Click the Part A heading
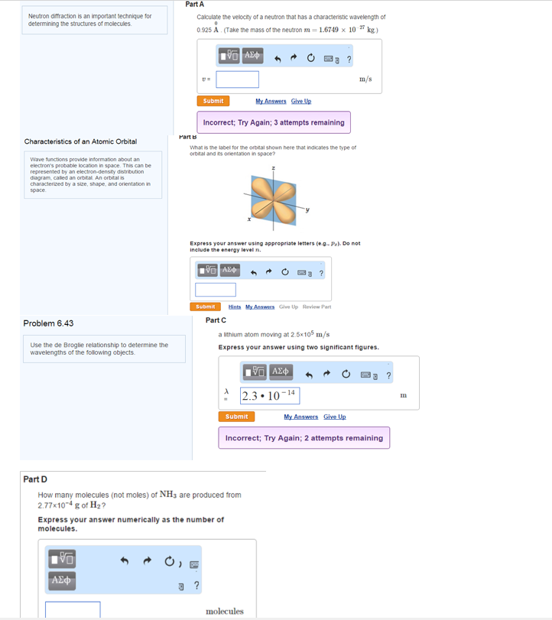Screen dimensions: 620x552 tap(194, 5)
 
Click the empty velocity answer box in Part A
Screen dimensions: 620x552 tap(237, 80)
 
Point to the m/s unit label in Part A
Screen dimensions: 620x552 tap(365, 79)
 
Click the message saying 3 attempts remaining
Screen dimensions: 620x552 tap(274, 122)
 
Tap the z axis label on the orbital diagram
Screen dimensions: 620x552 tap(272, 167)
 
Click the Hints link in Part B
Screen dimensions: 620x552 tap(234, 307)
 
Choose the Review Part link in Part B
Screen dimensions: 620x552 tap(317, 307)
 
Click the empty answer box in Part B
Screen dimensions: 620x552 tap(215, 290)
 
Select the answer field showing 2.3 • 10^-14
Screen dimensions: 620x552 tap(270, 395)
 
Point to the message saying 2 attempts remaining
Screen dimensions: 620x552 tap(304, 438)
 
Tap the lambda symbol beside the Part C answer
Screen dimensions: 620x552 tap(226, 391)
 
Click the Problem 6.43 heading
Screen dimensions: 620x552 tap(48, 323)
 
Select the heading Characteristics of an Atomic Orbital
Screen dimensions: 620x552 tap(80, 141)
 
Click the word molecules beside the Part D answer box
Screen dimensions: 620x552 tap(225, 611)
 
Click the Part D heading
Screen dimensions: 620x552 tap(35, 479)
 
